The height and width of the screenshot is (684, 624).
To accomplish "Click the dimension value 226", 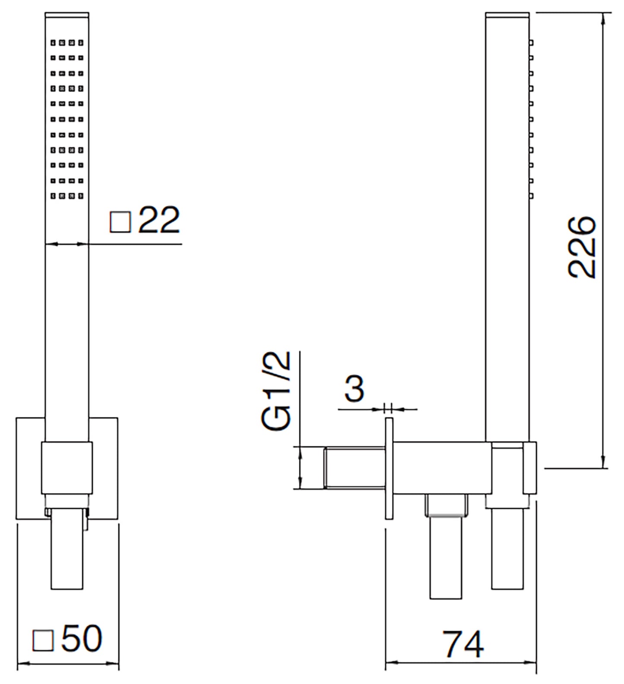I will pos(582,247).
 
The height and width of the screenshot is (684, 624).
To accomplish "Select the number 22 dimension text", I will pos(159,221).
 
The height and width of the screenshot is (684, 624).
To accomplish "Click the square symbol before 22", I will pos(120,222).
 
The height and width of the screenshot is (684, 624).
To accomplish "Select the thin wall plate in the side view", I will pos(389,468).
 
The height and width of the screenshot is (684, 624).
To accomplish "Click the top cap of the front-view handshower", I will pos(67,16).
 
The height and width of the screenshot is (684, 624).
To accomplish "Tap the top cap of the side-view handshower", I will pos(507,16).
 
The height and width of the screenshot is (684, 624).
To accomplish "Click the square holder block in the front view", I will pos(67,468).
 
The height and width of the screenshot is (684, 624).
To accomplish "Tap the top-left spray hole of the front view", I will pos(53,43).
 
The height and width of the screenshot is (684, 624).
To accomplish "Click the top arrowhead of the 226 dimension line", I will pos(603,17).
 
